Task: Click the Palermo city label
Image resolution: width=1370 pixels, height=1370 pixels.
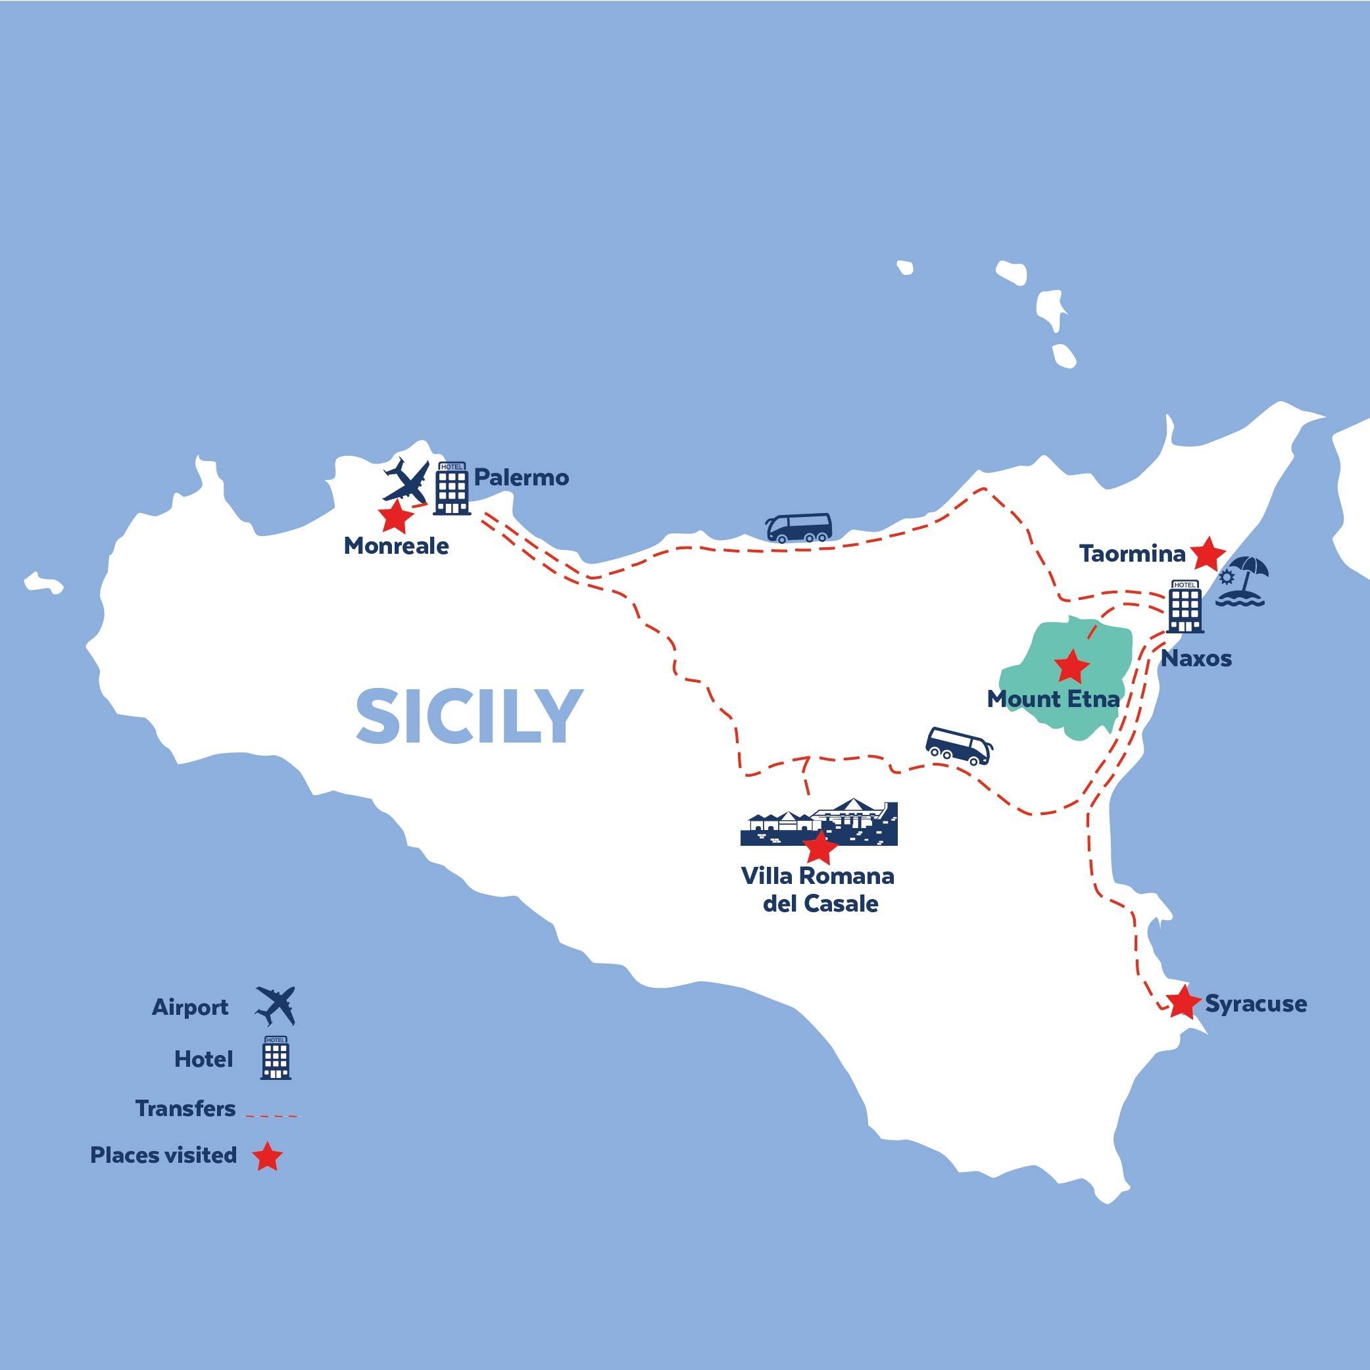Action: tap(521, 477)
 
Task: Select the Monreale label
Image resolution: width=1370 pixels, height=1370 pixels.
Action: tap(396, 546)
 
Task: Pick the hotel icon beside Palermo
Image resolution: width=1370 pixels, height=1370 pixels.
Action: tap(452, 488)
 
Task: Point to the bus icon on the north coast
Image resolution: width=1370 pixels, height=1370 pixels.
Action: tap(798, 527)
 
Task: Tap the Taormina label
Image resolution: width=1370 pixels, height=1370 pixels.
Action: tap(1132, 554)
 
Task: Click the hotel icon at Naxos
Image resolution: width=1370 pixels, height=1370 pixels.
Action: tap(1185, 606)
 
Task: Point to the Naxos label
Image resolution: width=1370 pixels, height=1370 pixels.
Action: tap(1196, 659)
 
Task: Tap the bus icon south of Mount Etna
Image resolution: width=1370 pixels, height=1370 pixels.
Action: tap(959, 746)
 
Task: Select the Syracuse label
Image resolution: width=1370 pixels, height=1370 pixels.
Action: tap(1255, 1004)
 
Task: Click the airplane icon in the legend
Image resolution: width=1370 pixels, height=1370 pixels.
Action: tap(275, 1006)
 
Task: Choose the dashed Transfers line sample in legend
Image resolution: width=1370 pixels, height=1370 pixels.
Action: tap(272, 1115)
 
